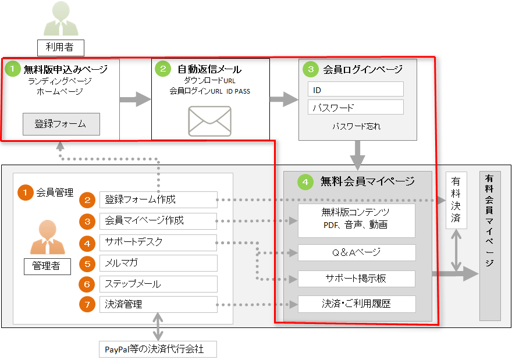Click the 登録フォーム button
pyautogui.click(x=61, y=124)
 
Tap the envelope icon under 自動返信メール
pyautogui.click(x=209, y=121)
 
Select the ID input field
pyautogui.click(x=355, y=90)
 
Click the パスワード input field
pyautogui.click(x=355, y=108)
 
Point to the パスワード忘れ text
pyautogui.click(x=356, y=126)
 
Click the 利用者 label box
pyautogui.click(x=61, y=47)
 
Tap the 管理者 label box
pyautogui.click(x=48, y=266)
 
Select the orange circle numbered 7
pyautogui.click(x=87, y=304)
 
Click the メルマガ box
pyautogui.click(x=158, y=263)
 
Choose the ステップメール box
pyautogui.click(x=158, y=284)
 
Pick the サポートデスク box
pyautogui.click(x=158, y=242)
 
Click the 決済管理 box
pyautogui.click(x=158, y=304)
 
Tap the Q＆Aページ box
pyautogui.click(x=356, y=252)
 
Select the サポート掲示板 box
pyautogui.click(x=356, y=279)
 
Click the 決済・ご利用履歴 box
pyautogui.click(x=356, y=304)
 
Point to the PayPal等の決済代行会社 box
pyautogui.click(x=158, y=350)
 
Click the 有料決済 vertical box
pyautogui.click(x=456, y=200)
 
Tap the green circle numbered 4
pyautogui.click(x=305, y=181)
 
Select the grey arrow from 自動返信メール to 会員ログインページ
pyautogui.click(x=284, y=99)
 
